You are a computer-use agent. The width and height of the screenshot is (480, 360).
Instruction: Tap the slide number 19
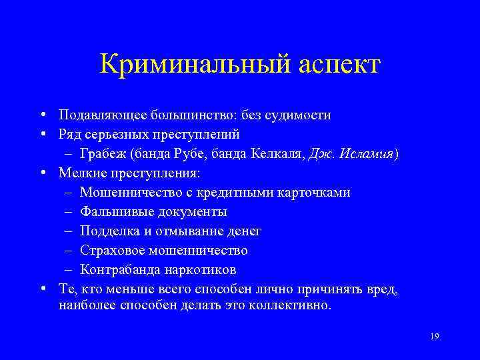(x=434, y=336)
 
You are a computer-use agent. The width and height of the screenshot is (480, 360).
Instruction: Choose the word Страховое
(x=111, y=251)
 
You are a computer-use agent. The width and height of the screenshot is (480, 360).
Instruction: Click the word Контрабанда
(x=119, y=270)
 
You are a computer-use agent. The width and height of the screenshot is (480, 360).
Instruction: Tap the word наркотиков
(x=199, y=270)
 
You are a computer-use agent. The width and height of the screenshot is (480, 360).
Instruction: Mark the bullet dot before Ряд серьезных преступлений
(x=42, y=134)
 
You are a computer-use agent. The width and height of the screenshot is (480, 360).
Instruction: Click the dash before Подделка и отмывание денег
(x=70, y=231)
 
